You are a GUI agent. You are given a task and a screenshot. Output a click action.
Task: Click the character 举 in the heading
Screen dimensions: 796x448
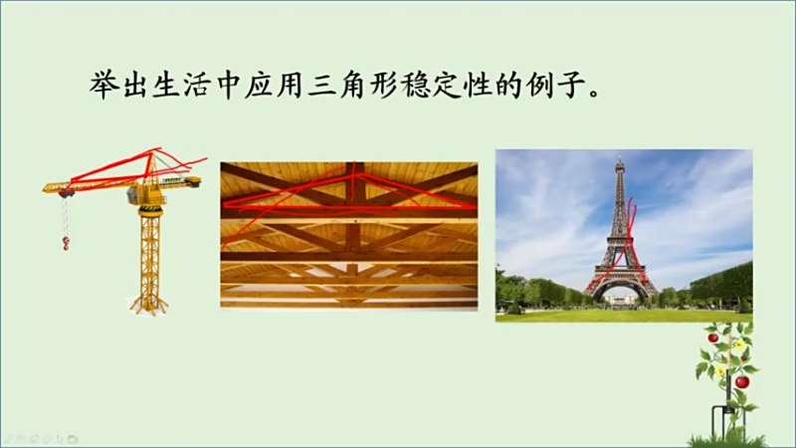(x=104, y=84)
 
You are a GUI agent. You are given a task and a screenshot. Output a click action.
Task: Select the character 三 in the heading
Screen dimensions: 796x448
(x=321, y=84)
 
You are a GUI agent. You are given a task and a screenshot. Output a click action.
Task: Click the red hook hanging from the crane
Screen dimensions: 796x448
(x=66, y=243)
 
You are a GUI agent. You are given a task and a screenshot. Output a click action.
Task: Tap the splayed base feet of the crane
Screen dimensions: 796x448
(x=148, y=306)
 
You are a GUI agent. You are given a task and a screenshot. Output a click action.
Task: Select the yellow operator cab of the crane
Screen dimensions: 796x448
(x=137, y=194)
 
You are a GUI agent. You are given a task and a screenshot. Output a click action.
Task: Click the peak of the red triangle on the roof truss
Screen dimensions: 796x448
(x=358, y=174)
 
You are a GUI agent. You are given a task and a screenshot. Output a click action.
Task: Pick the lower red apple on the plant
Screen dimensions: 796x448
(x=742, y=381)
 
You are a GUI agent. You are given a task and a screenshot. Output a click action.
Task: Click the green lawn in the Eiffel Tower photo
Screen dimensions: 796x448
(x=624, y=315)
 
